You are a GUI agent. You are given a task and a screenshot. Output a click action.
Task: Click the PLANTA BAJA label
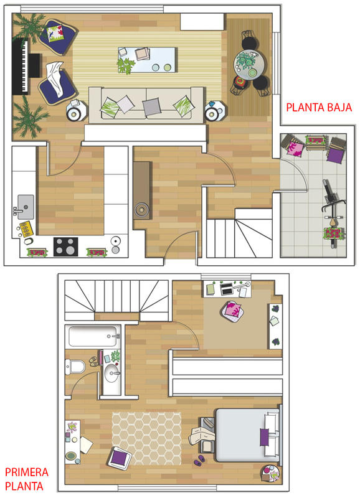click(x=319, y=107)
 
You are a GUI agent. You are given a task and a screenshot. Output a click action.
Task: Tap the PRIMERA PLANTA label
click(x=27, y=479)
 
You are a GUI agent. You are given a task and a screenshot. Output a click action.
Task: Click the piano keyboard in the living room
click(x=21, y=67)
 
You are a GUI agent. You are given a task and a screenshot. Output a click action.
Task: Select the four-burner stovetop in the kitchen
click(x=66, y=247)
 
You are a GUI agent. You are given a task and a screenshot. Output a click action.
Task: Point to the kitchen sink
click(x=26, y=207)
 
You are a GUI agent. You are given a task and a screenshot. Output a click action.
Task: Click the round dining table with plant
click(x=249, y=65)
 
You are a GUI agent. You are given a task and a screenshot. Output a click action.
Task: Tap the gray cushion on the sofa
click(x=151, y=106)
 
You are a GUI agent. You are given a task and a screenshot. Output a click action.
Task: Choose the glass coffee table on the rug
click(x=146, y=60)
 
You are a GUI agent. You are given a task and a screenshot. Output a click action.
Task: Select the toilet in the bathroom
click(x=75, y=367)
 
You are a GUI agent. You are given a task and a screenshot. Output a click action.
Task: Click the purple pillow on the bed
click(x=264, y=437)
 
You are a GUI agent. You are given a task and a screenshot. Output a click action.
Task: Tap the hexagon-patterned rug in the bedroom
click(x=146, y=438)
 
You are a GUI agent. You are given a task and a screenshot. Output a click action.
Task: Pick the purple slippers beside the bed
click(x=199, y=460)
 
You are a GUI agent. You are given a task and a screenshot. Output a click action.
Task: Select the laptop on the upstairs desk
click(x=227, y=289)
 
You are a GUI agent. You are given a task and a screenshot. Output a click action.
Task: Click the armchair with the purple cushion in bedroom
click(x=120, y=458)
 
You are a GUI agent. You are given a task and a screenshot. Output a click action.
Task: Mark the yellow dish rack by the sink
click(x=26, y=228)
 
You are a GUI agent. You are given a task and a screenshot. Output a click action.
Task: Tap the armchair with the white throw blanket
click(x=57, y=83)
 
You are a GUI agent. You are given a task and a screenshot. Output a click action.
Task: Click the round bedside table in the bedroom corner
click(x=270, y=474)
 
